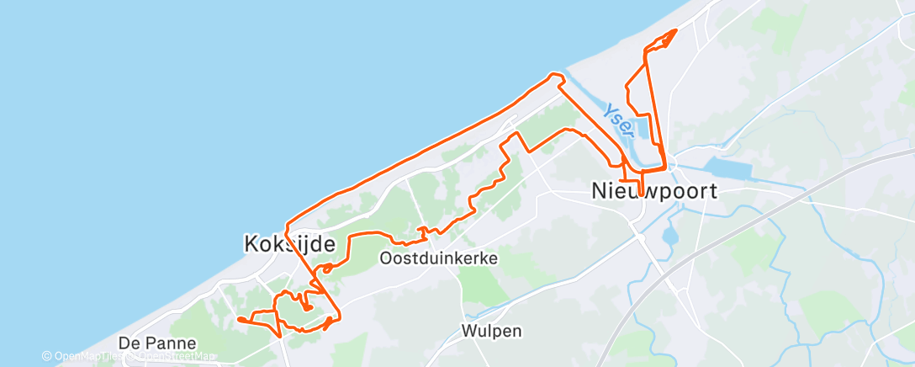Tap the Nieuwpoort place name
coord(654,191)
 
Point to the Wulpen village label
coord(489,331)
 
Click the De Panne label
coord(157,343)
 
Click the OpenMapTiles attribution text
coord(88,356)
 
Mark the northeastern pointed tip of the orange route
coord(676,31)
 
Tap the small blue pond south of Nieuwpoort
coord(671,235)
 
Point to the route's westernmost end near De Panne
coord(239,319)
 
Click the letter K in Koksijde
coord(250,244)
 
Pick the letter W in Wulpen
coord(468,331)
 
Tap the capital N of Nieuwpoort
coord(600,191)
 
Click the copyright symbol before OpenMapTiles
coord(47,356)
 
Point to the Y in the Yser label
coord(608,109)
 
